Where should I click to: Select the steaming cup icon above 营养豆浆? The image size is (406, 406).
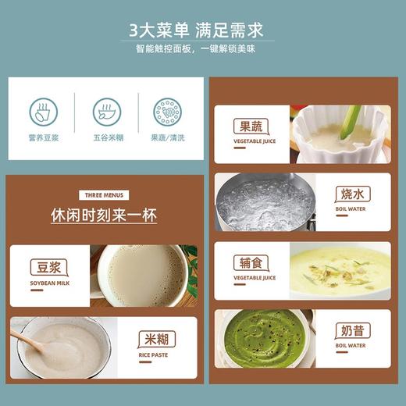coord(43,112)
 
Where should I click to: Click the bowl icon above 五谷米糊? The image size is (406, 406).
coord(105,112)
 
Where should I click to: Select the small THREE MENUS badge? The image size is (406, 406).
coord(105,195)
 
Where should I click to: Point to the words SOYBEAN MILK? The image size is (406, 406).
coord(49,283)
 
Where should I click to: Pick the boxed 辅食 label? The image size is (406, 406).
coord(254,263)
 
